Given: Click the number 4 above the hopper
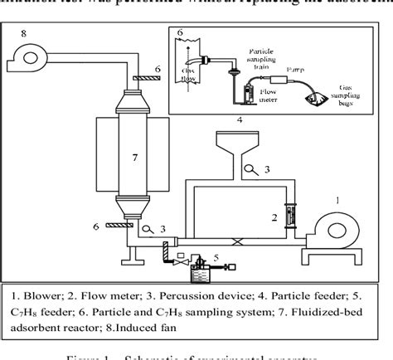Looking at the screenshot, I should coord(239,120).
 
